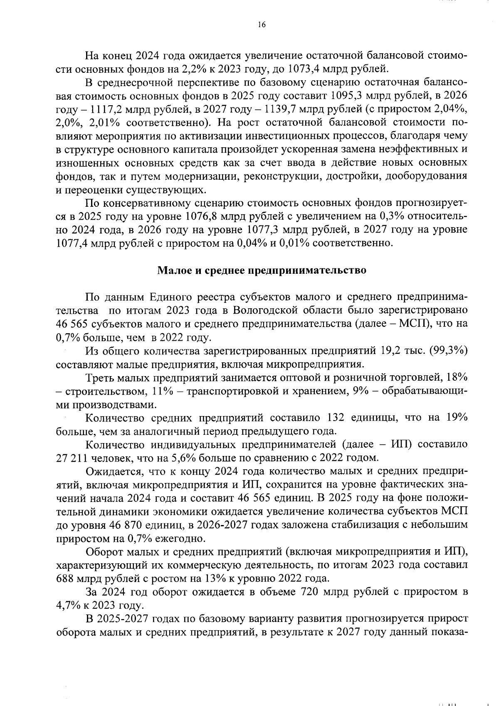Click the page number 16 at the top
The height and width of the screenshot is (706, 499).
[261, 25]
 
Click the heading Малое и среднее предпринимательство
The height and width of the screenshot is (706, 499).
[262, 270]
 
